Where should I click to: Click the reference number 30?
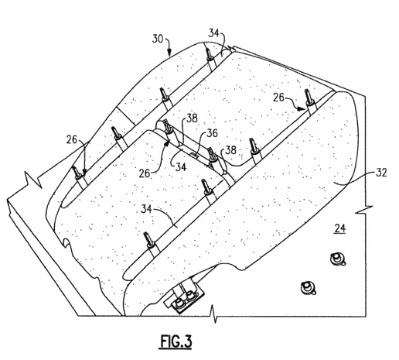(158, 39)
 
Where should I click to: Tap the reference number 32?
(381, 173)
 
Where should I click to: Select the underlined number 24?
(340, 228)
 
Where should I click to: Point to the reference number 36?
(212, 133)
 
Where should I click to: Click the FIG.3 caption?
(176, 341)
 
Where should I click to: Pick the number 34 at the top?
(213, 33)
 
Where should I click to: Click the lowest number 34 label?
(146, 208)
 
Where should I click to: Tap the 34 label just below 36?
(181, 167)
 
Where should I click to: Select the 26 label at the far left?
(72, 139)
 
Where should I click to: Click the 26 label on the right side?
(278, 98)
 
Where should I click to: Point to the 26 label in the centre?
(145, 173)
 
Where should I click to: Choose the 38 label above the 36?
(192, 118)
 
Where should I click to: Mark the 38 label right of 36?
(230, 150)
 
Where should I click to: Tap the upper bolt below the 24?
(337, 259)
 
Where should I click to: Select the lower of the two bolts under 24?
(308, 287)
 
